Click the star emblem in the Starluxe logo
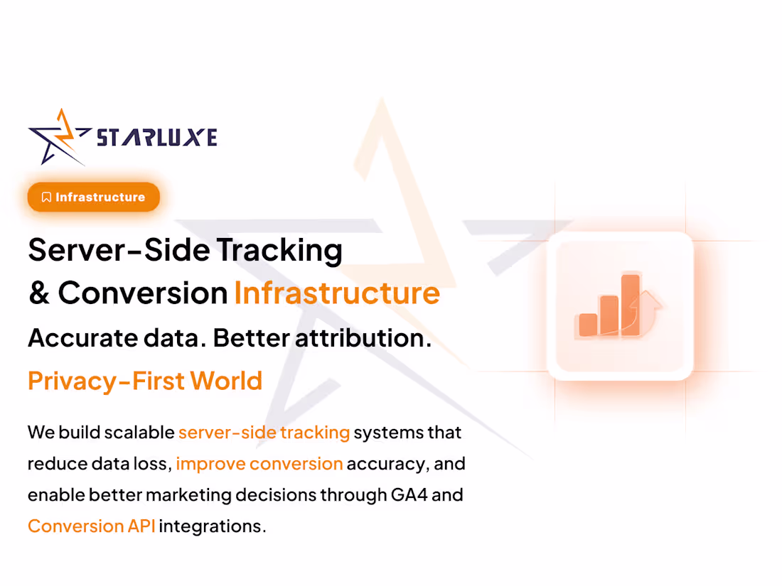coord(59,136)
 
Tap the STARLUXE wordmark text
coord(156,136)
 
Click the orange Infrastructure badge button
coord(93,197)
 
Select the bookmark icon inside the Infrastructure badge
coord(46,197)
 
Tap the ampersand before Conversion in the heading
coord(38,293)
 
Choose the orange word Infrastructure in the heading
coord(337,293)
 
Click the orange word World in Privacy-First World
coord(226,381)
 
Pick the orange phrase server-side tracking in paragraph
coord(264,433)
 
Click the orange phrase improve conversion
coord(259,464)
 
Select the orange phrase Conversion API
coord(91,526)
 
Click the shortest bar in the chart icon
coord(588,324)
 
